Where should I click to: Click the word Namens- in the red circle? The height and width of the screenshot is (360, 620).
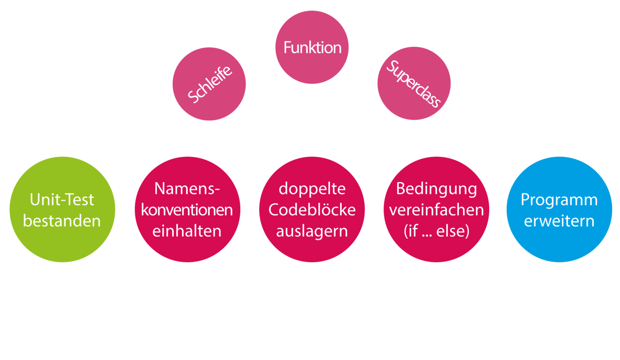(187, 189)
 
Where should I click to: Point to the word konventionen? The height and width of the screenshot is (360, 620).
(187, 210)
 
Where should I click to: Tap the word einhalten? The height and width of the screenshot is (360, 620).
(187, 231)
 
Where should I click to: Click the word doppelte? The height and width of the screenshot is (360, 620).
(312, 189)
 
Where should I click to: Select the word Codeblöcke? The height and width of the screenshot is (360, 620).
(312, 210)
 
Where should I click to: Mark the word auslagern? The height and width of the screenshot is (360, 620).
(312, 231)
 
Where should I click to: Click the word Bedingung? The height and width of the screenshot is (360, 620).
(436, 189)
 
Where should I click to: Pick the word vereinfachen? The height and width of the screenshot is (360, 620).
(436, 210)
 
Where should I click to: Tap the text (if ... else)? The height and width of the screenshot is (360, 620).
(436, 231)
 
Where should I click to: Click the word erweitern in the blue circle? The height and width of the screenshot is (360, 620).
(559, 221)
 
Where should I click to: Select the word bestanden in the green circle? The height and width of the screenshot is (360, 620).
(62, 221)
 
